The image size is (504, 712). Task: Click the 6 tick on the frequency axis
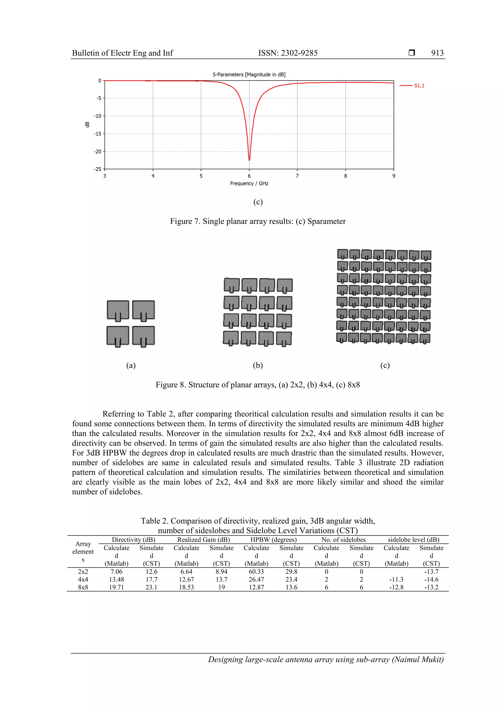[249, 176]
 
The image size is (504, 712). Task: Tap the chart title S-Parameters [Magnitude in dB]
[249, 74]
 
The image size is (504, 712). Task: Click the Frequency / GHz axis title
[249, 183]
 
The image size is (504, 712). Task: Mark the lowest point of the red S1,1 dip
[249, 160]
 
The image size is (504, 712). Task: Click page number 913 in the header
[437, 53]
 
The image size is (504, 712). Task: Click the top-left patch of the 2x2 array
[118, 309]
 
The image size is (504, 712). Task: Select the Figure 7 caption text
[258, 221]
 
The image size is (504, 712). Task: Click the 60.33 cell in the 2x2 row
[256, 571]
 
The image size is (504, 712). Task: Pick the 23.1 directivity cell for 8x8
[151, 587]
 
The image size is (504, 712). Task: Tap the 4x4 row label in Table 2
[83, 579]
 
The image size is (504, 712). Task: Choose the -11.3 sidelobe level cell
[396, 579]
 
